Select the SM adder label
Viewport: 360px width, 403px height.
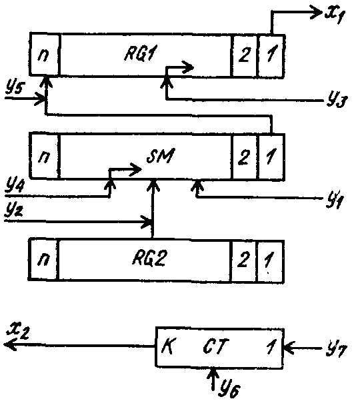(160, 155)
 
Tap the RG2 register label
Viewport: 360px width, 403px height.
(149, 258)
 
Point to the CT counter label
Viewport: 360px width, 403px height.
(216, 346)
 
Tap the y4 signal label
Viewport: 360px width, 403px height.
(15, 186)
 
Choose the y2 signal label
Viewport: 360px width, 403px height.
(14, 210)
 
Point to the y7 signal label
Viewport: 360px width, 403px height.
(337, 349)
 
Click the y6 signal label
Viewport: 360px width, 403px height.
(229, 388)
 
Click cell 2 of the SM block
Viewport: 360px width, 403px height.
(245, 157)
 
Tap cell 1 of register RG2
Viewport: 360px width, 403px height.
(270, 262)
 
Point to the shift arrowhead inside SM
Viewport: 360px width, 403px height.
(135, 170)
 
